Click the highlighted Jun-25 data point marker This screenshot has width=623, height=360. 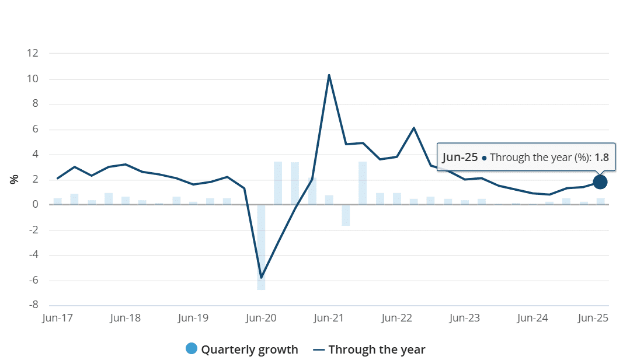point(600,182)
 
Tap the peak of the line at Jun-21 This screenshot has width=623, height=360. point(329,75)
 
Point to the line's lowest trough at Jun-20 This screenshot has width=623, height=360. point(261,277)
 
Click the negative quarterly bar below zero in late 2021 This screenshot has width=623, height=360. point(346,215)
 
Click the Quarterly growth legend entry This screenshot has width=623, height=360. point(249,349)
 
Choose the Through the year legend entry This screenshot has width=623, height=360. point(377,349)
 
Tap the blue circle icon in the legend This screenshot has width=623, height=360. point(191,349)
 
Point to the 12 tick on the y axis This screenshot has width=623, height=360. point(32,54)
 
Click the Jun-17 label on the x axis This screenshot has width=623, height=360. point(57,319)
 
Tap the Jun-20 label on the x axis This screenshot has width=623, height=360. point(261,319)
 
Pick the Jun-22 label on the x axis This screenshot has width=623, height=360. point(396,319)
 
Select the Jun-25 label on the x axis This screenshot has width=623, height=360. point(593,319)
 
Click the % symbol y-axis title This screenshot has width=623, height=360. point(15,179)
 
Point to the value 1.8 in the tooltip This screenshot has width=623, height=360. point(601,158)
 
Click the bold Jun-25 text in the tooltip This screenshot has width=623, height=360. point(460,158)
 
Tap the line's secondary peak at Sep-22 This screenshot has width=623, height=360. point(413,128)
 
